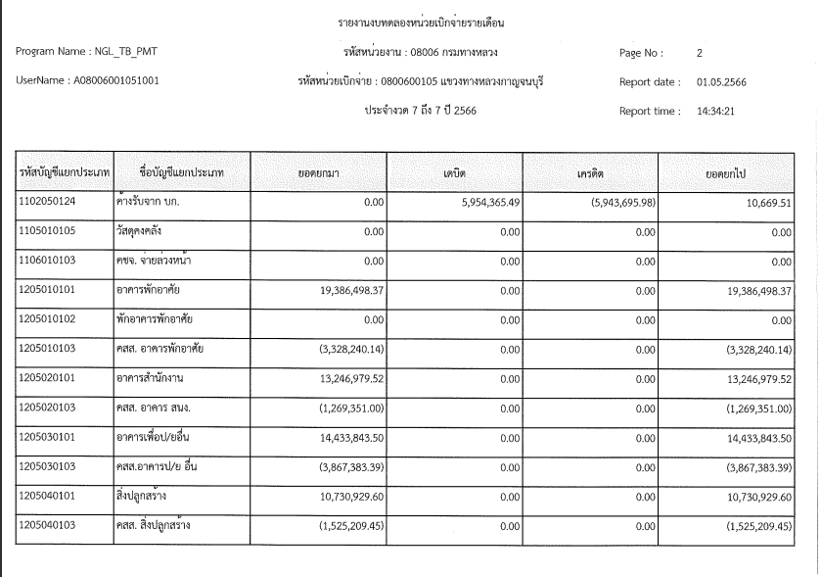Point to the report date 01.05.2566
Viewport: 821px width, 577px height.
pyautogui.click(x=721, y=82)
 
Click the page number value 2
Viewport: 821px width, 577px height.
pyautogui.click(x=700, y=52)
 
